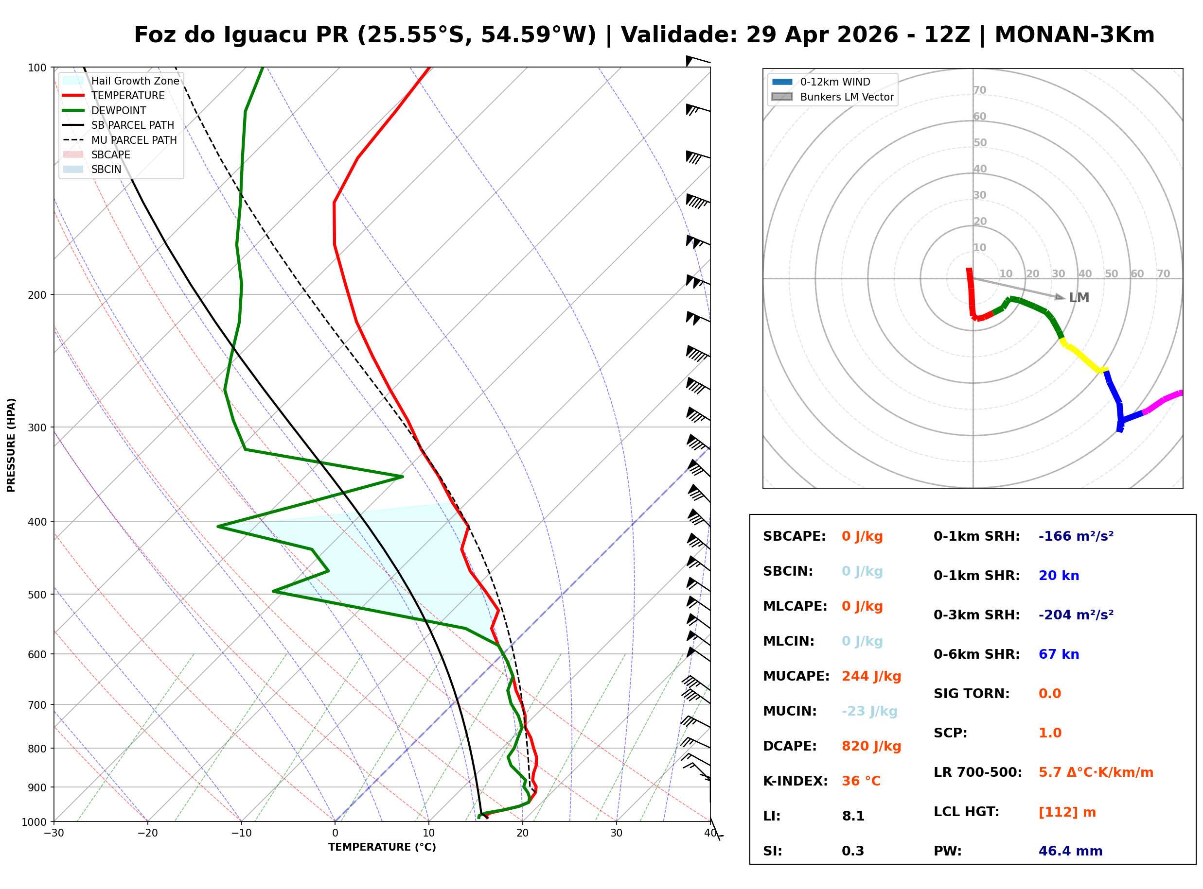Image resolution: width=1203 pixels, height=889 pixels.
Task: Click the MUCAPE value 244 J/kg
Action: (871, 676)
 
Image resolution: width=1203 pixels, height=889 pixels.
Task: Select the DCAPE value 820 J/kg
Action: (871, 746)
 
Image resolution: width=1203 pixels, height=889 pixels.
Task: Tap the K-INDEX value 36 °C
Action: (861, 781)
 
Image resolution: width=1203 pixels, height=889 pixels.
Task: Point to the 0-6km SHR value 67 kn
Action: (1058, 654)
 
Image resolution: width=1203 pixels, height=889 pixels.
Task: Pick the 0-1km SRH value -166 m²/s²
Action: (1076, 536)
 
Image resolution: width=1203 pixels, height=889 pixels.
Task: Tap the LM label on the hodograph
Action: (1079, 298)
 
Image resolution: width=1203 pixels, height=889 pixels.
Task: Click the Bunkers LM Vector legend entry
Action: (846, 97)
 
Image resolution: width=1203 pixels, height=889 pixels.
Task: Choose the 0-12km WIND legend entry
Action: (835, 82)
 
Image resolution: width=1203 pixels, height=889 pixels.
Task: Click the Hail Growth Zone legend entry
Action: (135, 81)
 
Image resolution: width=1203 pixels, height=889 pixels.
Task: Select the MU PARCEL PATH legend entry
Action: (134, 140)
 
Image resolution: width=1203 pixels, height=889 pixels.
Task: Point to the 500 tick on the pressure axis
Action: (37, 595)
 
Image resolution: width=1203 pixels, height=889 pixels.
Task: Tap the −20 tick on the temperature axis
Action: (147, 833)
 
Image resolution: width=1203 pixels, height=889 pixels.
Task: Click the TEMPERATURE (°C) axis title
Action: (382, 847)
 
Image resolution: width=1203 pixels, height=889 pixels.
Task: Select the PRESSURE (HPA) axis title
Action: (11, 444)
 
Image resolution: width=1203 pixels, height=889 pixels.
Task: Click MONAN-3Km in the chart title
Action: (1074, 35)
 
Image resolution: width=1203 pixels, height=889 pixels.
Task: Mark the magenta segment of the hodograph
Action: (1163, 401)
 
